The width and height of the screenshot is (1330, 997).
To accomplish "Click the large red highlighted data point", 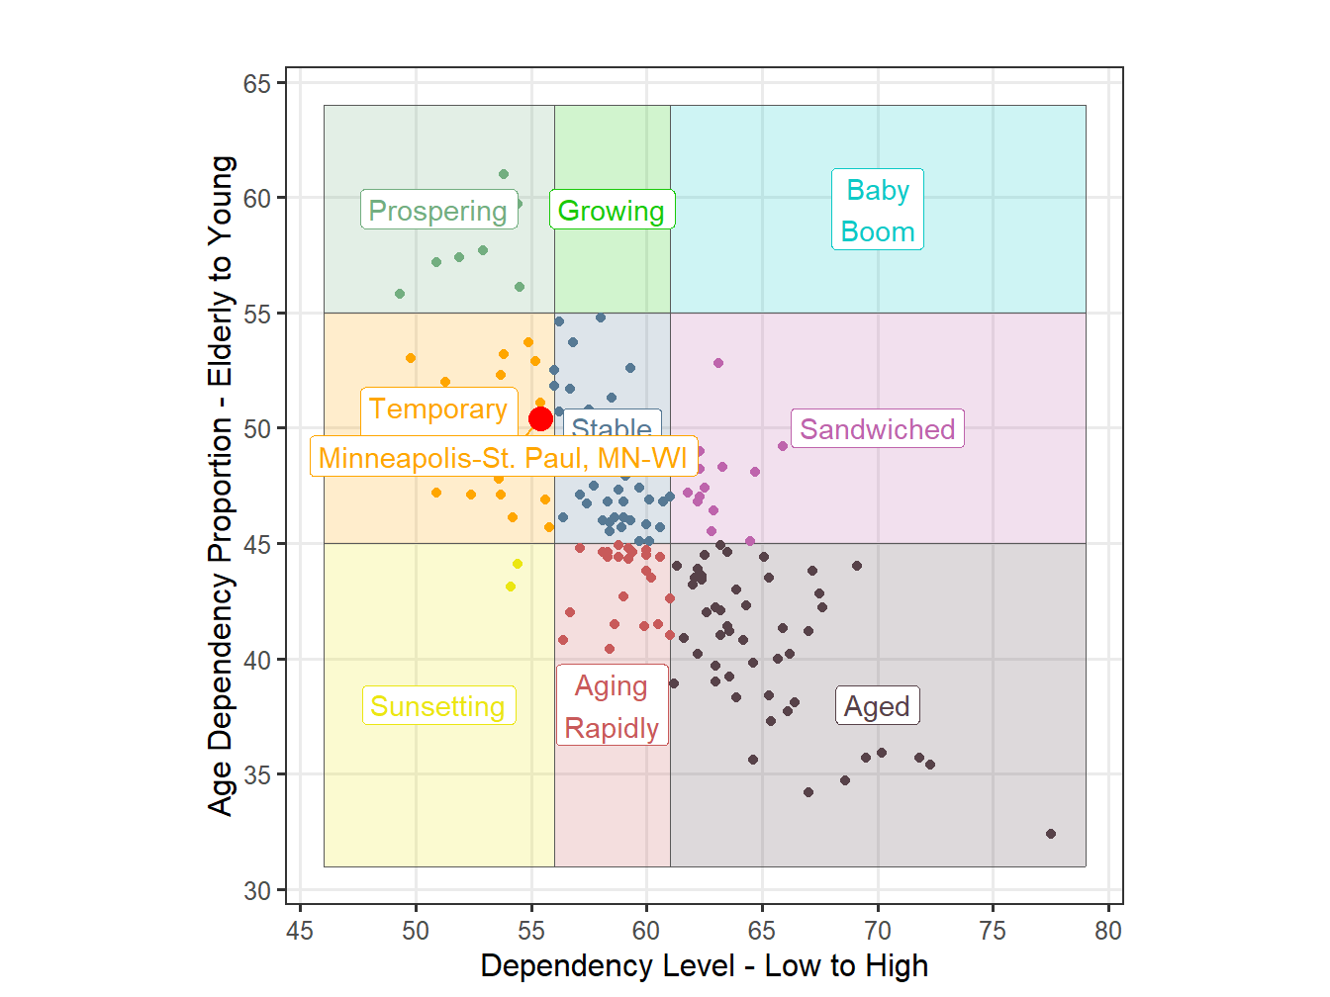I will point(540,419).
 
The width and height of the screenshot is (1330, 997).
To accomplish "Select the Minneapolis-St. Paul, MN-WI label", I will point(503,458).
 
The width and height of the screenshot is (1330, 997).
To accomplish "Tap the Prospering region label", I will point(438,211).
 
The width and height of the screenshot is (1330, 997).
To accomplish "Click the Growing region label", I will point(612,211).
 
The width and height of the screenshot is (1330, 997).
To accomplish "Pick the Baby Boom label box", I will point(878,211).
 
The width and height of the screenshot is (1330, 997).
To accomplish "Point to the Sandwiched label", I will point(878,429).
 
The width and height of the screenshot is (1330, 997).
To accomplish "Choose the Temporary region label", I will point(438,408).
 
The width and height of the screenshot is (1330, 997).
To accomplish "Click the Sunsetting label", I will point(438,706).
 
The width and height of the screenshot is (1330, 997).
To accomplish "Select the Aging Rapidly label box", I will point(612,706).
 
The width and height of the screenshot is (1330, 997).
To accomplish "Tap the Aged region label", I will point(878,706).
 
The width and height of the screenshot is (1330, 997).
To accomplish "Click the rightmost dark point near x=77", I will point(1051,834).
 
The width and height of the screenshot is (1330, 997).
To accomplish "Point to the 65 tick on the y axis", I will point(257,84).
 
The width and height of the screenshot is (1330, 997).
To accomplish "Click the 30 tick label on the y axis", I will point(257,891).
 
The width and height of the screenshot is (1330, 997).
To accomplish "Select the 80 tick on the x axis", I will point(1108,931).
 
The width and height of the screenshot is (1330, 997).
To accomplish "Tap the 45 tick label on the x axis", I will point(300,931).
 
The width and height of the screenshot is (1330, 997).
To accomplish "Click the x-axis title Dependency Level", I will point(705,966).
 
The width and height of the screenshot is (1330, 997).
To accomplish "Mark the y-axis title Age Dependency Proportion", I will point(221,485).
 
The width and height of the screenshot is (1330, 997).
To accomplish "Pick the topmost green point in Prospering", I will point(504,174).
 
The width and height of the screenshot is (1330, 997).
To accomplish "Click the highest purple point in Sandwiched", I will point(718,363).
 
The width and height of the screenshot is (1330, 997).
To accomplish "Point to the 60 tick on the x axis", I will point(646,931).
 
